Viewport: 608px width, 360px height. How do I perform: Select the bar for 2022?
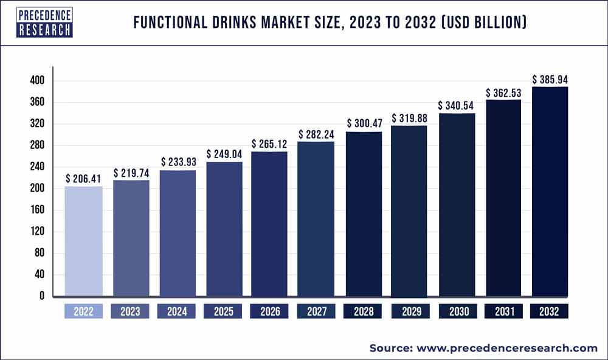tap(83, 241)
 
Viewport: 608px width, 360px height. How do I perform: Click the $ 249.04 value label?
tap(224, 154)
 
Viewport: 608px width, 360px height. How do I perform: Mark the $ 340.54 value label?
tap(456, 105)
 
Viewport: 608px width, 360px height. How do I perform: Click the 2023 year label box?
tap(130, 312)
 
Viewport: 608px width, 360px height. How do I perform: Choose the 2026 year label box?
tap(270, 312)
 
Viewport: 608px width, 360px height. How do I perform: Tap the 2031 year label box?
tap(503, 312)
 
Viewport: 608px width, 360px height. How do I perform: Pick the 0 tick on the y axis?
tap(41, 296)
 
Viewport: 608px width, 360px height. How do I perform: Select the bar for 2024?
tap(177, 234)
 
